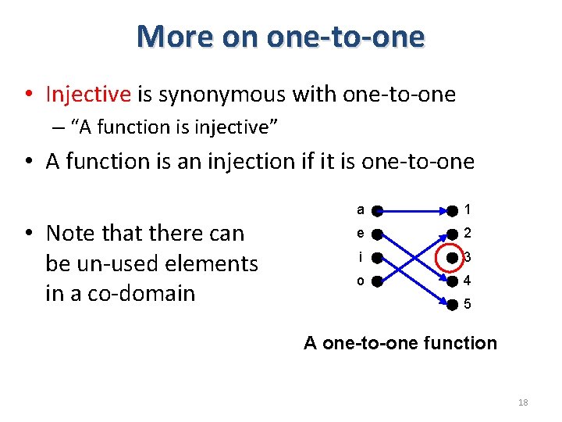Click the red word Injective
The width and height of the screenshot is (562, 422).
click(88, 95)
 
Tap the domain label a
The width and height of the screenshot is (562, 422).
click(360, 209)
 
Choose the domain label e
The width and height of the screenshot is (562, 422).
click(360, 233)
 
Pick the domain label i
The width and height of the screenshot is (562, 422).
click(360, 256)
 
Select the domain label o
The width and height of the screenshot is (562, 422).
click(360, 281)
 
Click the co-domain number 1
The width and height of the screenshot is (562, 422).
click(467, 209)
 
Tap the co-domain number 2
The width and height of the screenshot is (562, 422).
click(467, 233)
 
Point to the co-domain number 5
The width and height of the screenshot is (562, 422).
click(467, 305)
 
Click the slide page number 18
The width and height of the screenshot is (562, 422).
click(523, 402)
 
